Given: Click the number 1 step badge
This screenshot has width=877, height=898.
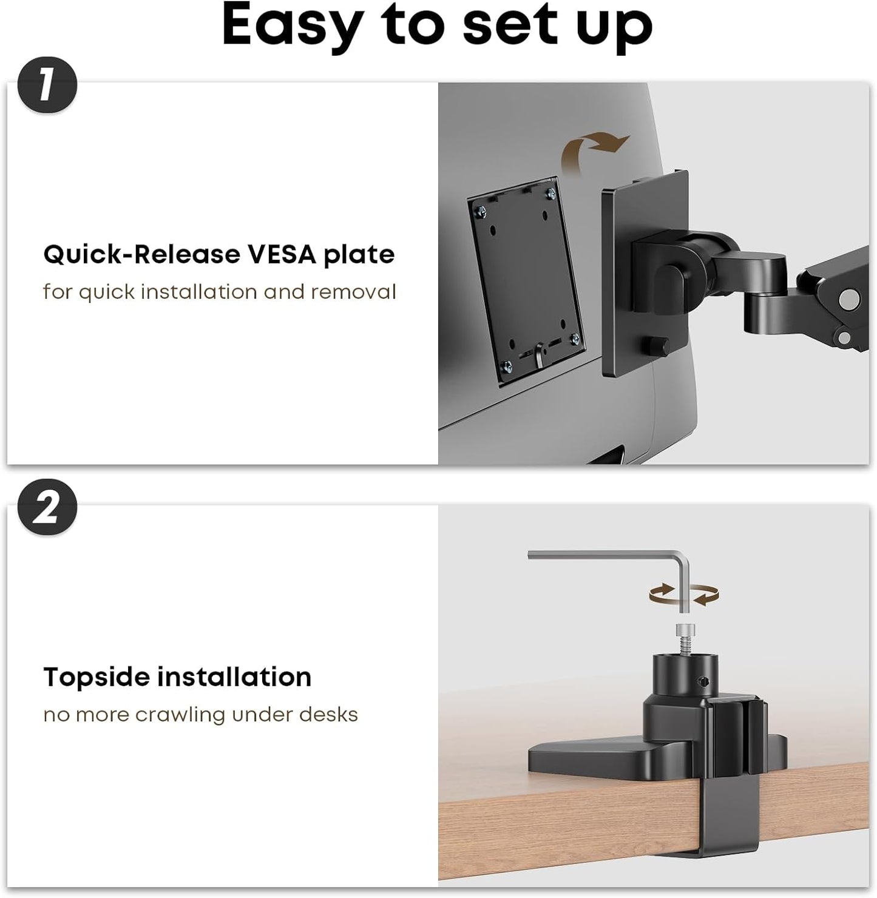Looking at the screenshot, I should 47,86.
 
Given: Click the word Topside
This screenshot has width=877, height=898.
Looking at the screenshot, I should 97,677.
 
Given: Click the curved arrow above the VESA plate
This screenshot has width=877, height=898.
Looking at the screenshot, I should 595,149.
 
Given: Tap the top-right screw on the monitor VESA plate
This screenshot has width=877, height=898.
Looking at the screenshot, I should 550,194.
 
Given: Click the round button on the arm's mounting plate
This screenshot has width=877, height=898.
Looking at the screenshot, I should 658,347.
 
